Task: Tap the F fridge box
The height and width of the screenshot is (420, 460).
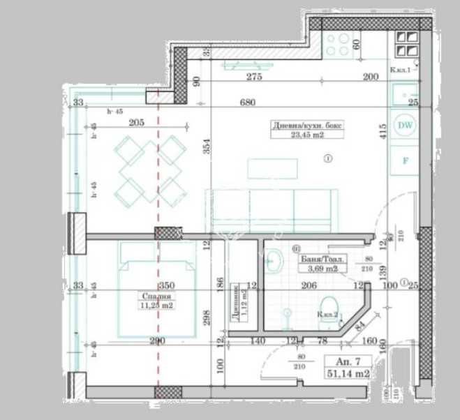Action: tap(404, 160)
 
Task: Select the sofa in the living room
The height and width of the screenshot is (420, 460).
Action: tap(271, 209)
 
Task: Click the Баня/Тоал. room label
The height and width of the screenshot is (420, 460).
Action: tap(322, 258)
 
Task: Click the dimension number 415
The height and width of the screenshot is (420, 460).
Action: tap(383, 131)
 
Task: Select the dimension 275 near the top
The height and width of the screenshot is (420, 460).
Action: tap(254, 77)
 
